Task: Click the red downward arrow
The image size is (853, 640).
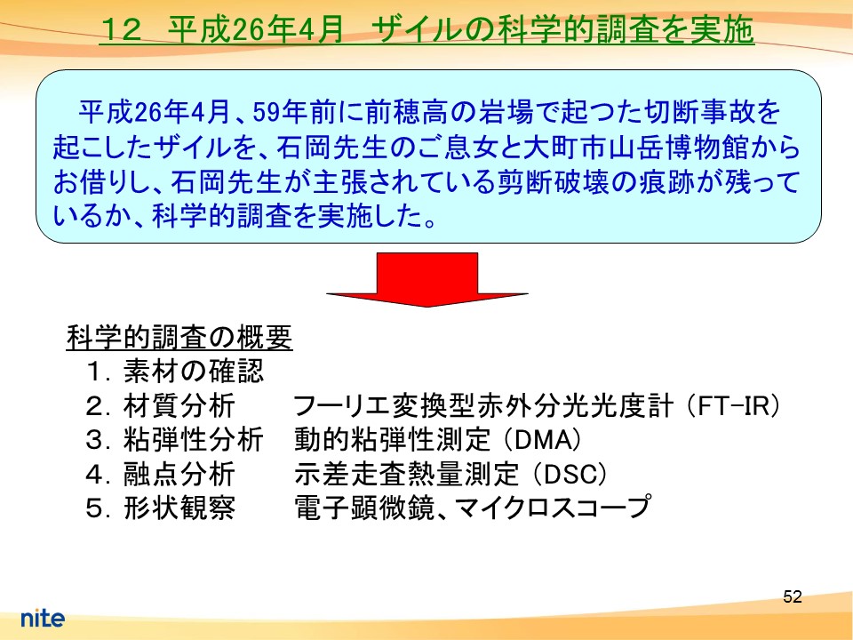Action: (x=427, y=279)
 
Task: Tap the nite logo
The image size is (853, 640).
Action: (x=43, y=618)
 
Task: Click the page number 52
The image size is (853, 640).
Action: (x=792, y=596)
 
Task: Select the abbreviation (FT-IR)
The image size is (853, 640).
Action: (x=733, y=406)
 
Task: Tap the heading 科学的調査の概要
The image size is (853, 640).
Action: (x=179, y=338)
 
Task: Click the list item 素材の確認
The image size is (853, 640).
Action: (x=193, y=372)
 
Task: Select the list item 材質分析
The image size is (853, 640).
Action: (x=179, y=406)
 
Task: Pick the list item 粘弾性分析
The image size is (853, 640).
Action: (x=193, y=440)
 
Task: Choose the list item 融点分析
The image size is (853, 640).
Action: (x=179, y=474)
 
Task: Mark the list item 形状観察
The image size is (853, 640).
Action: (x=179, y=508)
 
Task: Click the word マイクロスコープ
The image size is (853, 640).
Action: (x=552, y=508)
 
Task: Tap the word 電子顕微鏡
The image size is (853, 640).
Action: (x=364, y=508)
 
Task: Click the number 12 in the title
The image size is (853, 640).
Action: (x=121, y=29)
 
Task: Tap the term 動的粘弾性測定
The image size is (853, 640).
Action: (x=392, y=440)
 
